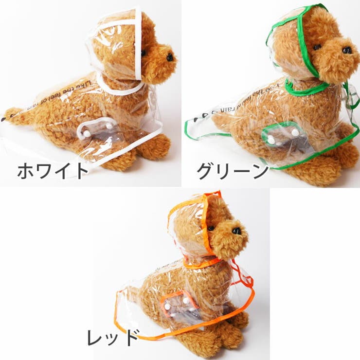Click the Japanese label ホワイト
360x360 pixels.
tap(53, 171)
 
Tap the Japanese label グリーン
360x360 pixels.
tap(233, 171)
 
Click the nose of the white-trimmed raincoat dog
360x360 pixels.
tap(170, 57)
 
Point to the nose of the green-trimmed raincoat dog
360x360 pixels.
tap(346, 50)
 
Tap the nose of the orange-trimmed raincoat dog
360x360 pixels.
tap(237, 231)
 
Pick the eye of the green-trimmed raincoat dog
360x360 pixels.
tap(317, 47)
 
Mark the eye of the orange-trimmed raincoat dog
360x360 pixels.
tap(211, 228)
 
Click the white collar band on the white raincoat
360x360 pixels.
tap(119, 90)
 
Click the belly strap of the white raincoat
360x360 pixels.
tap(98, 129)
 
